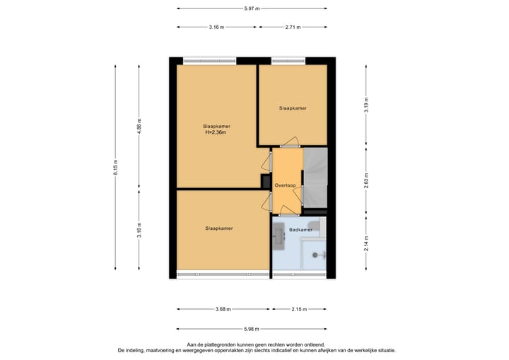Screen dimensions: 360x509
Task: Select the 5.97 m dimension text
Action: [252, 8]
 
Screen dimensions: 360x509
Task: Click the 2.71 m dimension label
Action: [293, 28]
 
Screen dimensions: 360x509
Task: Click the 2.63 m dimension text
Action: [365, 178]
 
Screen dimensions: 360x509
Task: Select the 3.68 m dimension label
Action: [222, 309]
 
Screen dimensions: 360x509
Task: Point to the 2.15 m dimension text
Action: [299, 309]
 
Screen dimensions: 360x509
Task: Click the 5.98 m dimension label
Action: [252, 328]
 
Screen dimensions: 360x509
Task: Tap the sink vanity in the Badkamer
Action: [279, 236]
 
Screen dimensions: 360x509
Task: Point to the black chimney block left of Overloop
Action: [265, 182]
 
